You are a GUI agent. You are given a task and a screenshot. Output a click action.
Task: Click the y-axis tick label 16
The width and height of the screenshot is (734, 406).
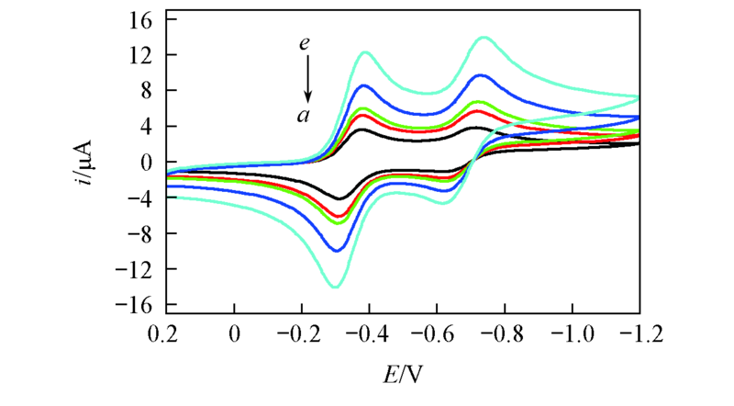click(x=143, y=19)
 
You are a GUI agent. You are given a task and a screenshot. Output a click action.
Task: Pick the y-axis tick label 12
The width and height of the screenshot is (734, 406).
click(x=143, y=55)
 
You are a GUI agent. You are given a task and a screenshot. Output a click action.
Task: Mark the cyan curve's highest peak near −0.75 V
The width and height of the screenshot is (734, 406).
click(x=484, y=38)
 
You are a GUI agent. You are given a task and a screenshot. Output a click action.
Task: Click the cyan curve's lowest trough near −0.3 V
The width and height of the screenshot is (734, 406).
click(x=335, y=287)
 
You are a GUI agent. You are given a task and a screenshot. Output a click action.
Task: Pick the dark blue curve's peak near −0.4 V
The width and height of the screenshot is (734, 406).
click(x=363, y=85)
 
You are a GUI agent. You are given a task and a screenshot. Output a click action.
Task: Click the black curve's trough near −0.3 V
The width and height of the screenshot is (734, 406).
click(x=339, y=197)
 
